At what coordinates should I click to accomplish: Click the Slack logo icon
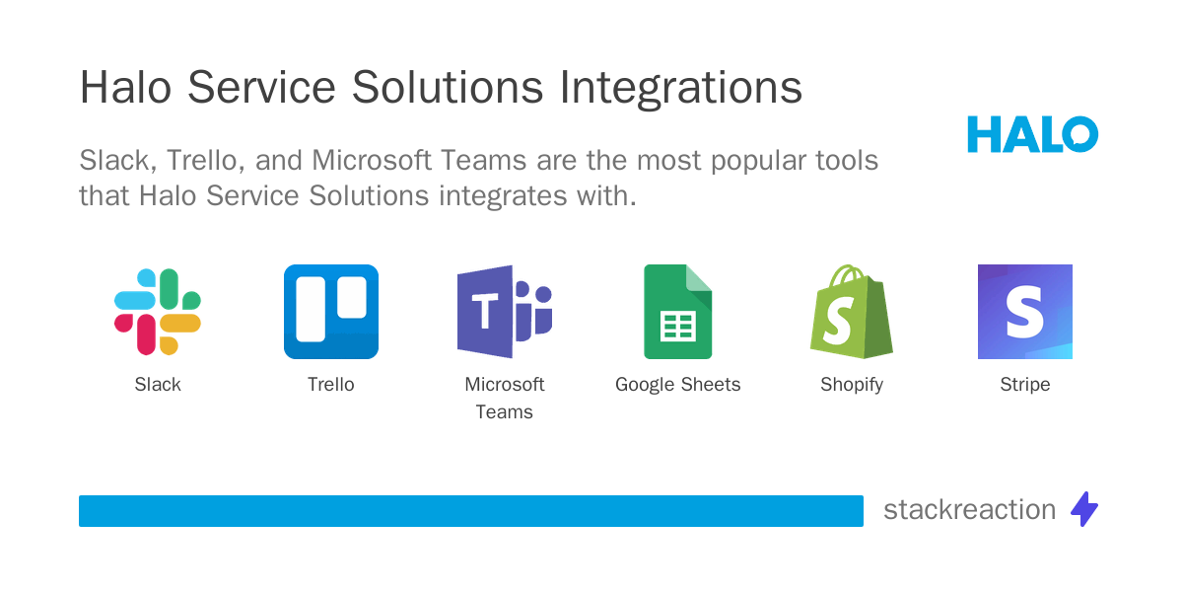click(158, 312)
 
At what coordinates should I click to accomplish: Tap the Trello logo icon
click(331, 312)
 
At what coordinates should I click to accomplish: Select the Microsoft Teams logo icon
click(504, 312)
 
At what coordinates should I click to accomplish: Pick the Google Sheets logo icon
click(677, 312)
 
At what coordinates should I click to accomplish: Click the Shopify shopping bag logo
click(851, 312)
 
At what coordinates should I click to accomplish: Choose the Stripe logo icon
click(1025, 312)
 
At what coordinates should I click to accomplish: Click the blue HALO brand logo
click(1032, 134)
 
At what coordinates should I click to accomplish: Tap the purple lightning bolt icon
click(1084, 509)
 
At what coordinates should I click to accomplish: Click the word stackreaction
click(969, 509)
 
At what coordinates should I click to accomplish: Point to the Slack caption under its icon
click(158, 385)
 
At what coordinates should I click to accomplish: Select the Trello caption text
click(331, 385)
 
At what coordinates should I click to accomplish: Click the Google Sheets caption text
click(677, 385)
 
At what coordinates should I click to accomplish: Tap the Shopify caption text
click(851, 385)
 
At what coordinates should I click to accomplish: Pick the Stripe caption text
click(1025, 385)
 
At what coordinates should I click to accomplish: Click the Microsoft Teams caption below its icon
click(504, 398)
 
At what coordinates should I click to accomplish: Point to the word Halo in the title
click(125, 89)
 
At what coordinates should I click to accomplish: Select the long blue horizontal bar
click(471, 511)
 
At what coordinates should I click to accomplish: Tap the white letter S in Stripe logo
click(1024, 312)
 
